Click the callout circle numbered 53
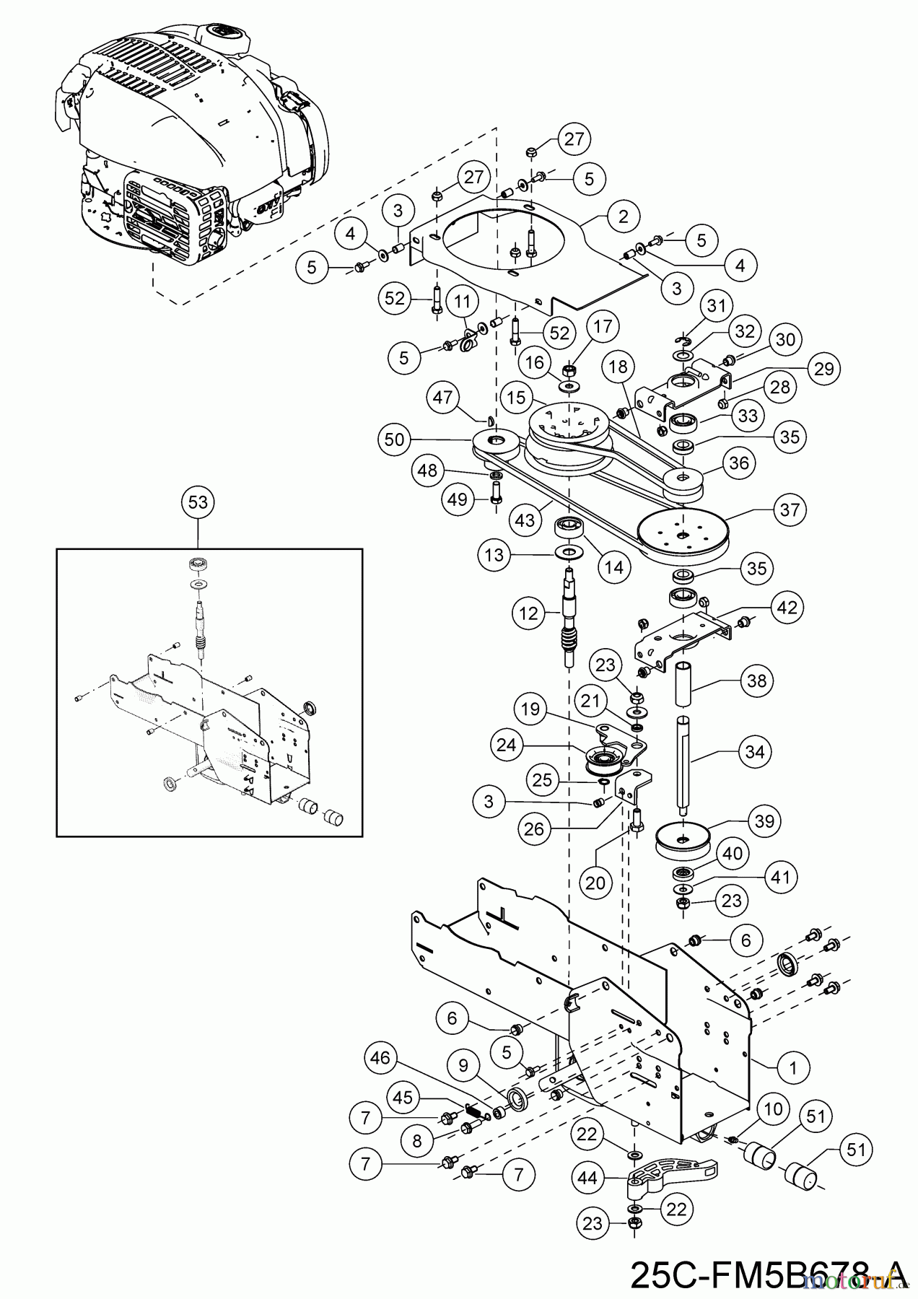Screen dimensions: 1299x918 [x=197, y=502]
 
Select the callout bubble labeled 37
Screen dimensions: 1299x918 [x=790, y=509]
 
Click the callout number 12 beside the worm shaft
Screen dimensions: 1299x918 [x=528, y=613]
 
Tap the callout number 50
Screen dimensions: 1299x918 [x=395, y=439]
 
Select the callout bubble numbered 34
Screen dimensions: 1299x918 [x=754, y=751]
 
